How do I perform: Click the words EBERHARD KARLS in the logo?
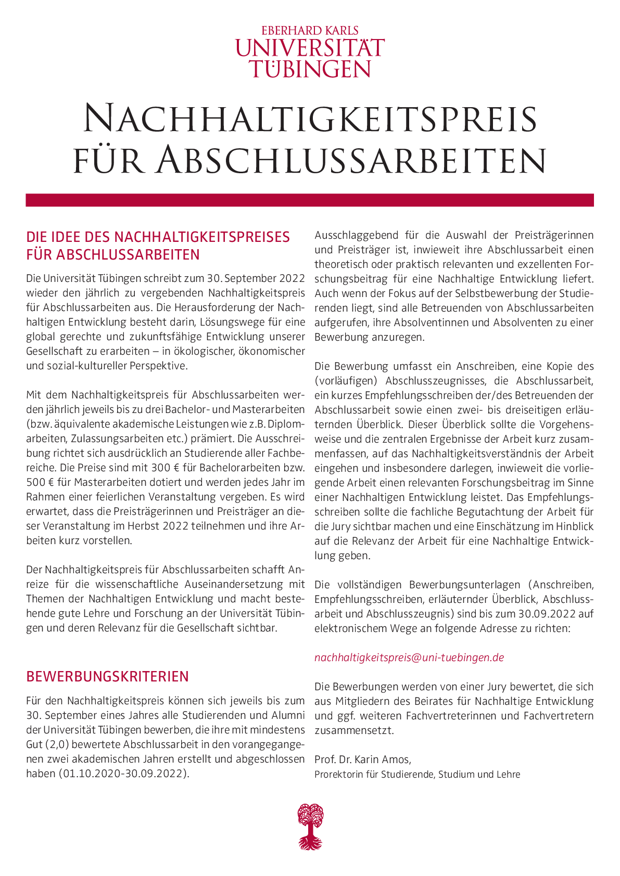[x=310, y=31]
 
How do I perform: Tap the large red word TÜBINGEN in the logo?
[x=310, y=69]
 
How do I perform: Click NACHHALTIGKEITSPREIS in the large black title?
[x=310, y=119]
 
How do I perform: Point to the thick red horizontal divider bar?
[x=310, y=200]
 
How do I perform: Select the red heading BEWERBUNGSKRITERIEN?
[x=108, y=676]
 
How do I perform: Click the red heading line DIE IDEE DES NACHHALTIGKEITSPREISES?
[x=158, y=237]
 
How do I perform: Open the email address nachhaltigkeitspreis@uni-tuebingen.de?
[x=409, y=658]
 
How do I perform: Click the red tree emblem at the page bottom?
[x=310, y=826]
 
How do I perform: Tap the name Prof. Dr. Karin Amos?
[x=362, y=759]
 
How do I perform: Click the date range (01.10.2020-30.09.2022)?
[x=123, y=774]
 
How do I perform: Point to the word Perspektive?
[x=157, y=366]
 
